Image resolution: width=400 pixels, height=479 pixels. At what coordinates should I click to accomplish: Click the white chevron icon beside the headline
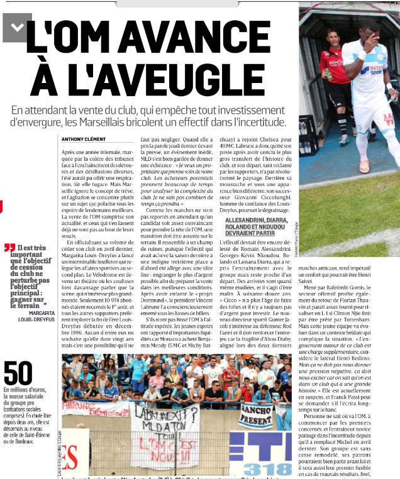pos(17,26)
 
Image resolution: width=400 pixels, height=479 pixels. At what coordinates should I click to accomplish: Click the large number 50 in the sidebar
pos(19,374)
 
